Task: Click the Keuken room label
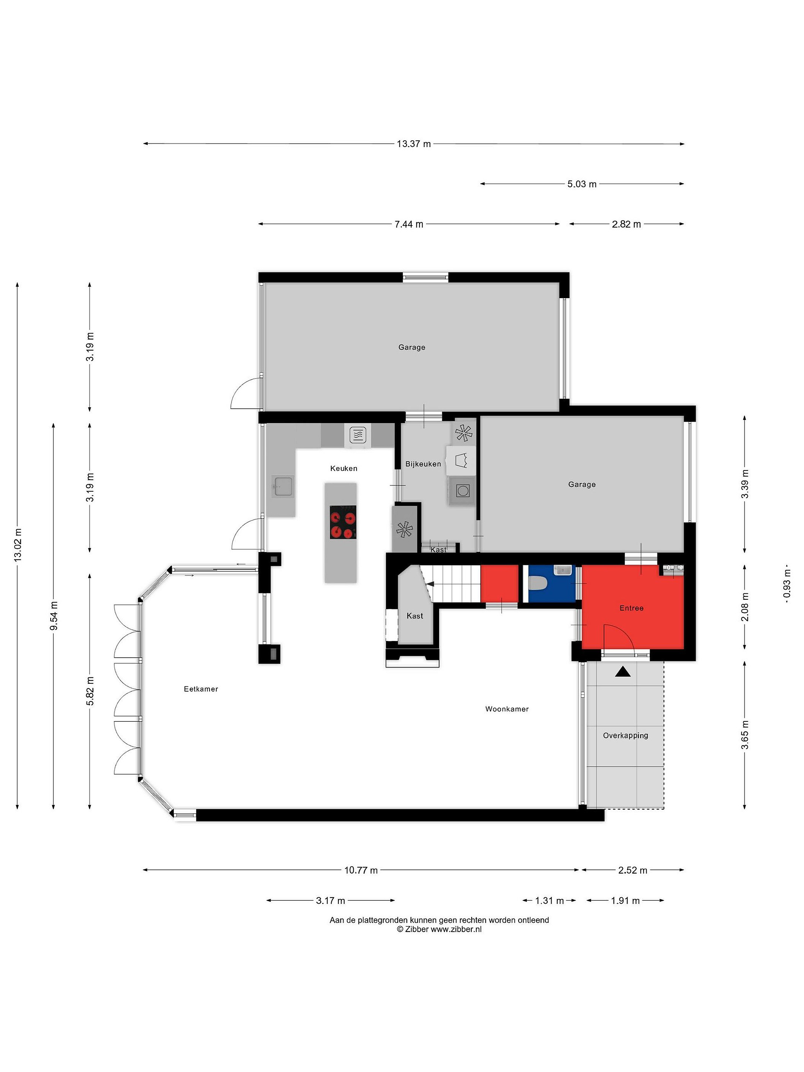pyautogui.click(x=344, y=468)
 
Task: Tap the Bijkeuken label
pyautogui.click(x=423, y=464)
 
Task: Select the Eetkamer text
pyautogui.click(x=201, y=689)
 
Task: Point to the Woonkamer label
pyautogui.click(x=507, y=709)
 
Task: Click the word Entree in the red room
pyautogui.click(x=631, y=608)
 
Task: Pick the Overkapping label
pyautogui.click(x=625, y=735)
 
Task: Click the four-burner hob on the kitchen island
pyautogui.click(x=343, y=522)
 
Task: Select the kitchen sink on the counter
pyautogui.click(x=283, y=486)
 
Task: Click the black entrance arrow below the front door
pyautogui.click(x=623, y=672)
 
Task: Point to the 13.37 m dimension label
pyautogui.click(x=414, y=143)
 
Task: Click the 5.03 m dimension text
pyautogui.click(x=581, y=184)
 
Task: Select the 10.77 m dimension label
pyautogui.click(x=361, y=870)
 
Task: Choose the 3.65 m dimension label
pyautogui.click(x=745, y=735)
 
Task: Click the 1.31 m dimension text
pyautogui.click(x=549, y=900)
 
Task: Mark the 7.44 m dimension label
pyautogui.click(x=409, y=224)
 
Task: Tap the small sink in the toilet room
pyautogui.click(x=563, y=570)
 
